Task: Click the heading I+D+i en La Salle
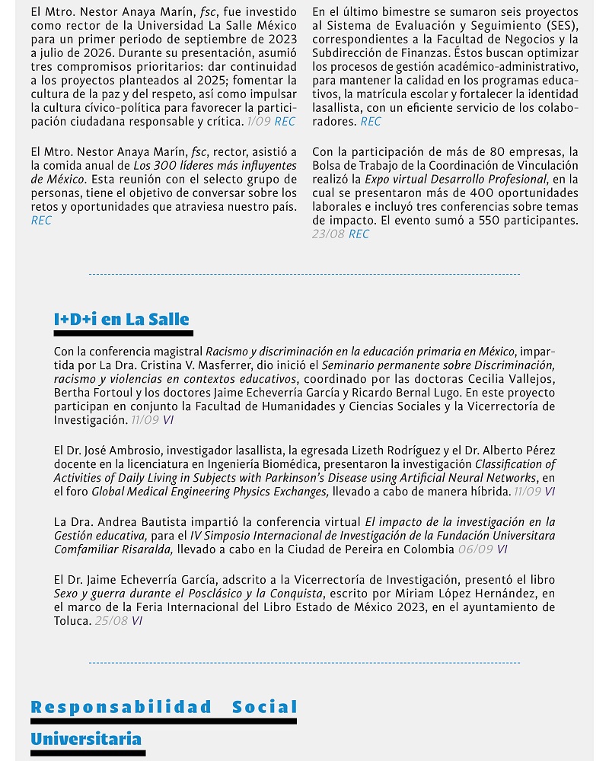[x=121, y=320]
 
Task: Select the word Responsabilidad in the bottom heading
[x=121, y=708]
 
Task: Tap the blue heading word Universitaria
[x=86, y=739]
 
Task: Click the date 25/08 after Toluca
[x=111, y=621]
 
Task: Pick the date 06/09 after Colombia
[x=477, y=549]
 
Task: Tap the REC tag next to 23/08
[x=359, y=234]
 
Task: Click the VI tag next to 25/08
[x=137, y=621]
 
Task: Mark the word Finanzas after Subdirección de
[x=429, y=53]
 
